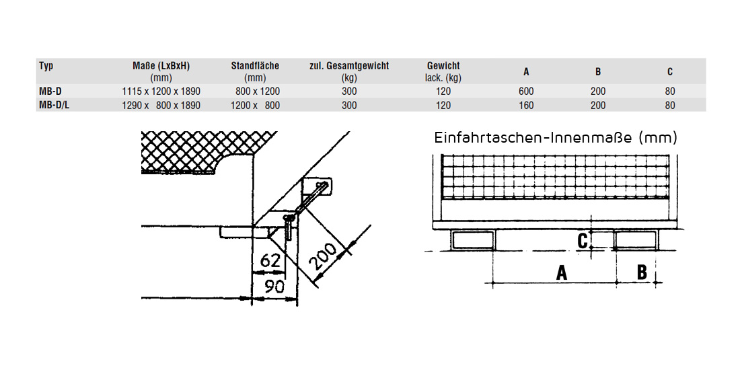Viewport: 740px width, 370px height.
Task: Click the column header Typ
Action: (x=46, y=66)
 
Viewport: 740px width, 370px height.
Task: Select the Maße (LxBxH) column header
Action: (x=161, y=66)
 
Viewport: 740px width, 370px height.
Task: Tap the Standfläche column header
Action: (x=255, y=66)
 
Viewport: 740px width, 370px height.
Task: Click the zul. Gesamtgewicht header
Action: (x=348, y=66)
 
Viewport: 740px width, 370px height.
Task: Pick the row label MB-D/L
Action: (x=55, y=105)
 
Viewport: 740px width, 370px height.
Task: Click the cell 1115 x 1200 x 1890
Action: (x=161, y=91)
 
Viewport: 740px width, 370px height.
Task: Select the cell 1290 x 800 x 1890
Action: (x=161, y=105)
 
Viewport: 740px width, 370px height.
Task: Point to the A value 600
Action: (x=526, y=91)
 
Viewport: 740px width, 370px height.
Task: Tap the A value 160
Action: (x=526, y=105)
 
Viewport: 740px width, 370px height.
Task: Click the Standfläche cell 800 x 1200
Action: (x=258, y=91)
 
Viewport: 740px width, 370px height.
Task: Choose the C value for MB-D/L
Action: (x=669, y=105)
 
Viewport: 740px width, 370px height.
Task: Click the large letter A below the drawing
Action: (x=561, y=272)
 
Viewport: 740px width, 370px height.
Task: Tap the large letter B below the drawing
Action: (x=642, y=272)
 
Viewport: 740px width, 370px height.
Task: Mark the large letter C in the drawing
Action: (x=584, y=239)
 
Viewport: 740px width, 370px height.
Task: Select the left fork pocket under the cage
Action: (x=474, y=239)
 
